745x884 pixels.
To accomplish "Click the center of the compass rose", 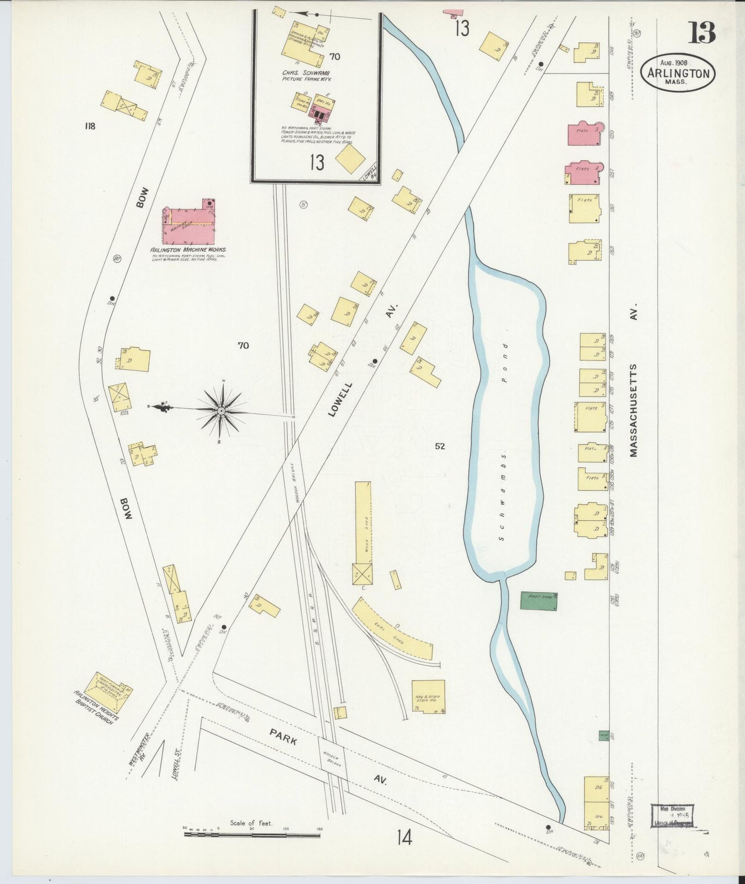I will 221,411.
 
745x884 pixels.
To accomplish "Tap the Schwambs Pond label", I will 503,444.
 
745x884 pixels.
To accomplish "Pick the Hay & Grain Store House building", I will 428,697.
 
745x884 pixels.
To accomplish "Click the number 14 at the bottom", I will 404,839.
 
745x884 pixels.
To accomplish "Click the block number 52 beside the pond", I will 439,447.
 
